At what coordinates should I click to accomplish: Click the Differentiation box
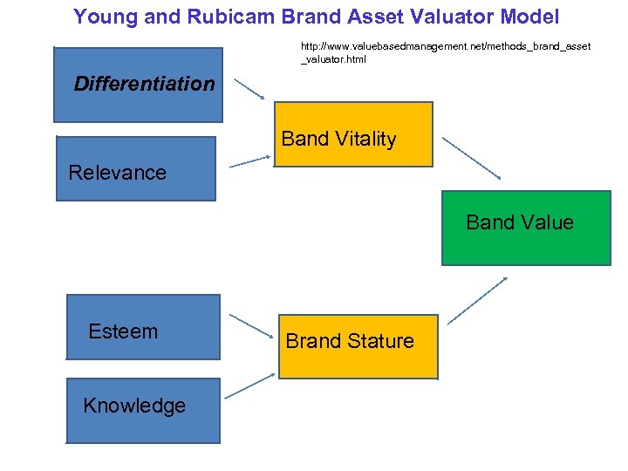(138, 85)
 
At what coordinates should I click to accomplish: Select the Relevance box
(135, 169)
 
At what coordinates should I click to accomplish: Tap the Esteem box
(143, 327)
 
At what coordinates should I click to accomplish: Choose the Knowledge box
(143, 410)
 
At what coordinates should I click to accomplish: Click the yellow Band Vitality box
(353, 134)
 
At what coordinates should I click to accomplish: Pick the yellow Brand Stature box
(358, 340)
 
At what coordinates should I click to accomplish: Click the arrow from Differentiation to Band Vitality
(250, 88)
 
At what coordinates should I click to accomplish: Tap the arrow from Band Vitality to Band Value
(471, 157)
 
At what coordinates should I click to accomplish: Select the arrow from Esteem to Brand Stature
(250, 324)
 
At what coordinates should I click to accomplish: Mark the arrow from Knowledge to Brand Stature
(250, 385)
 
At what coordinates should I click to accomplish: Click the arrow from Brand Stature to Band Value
(478, 301)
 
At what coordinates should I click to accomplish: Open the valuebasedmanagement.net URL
(445, 51)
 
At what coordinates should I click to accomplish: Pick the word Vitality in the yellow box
(365, 139)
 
